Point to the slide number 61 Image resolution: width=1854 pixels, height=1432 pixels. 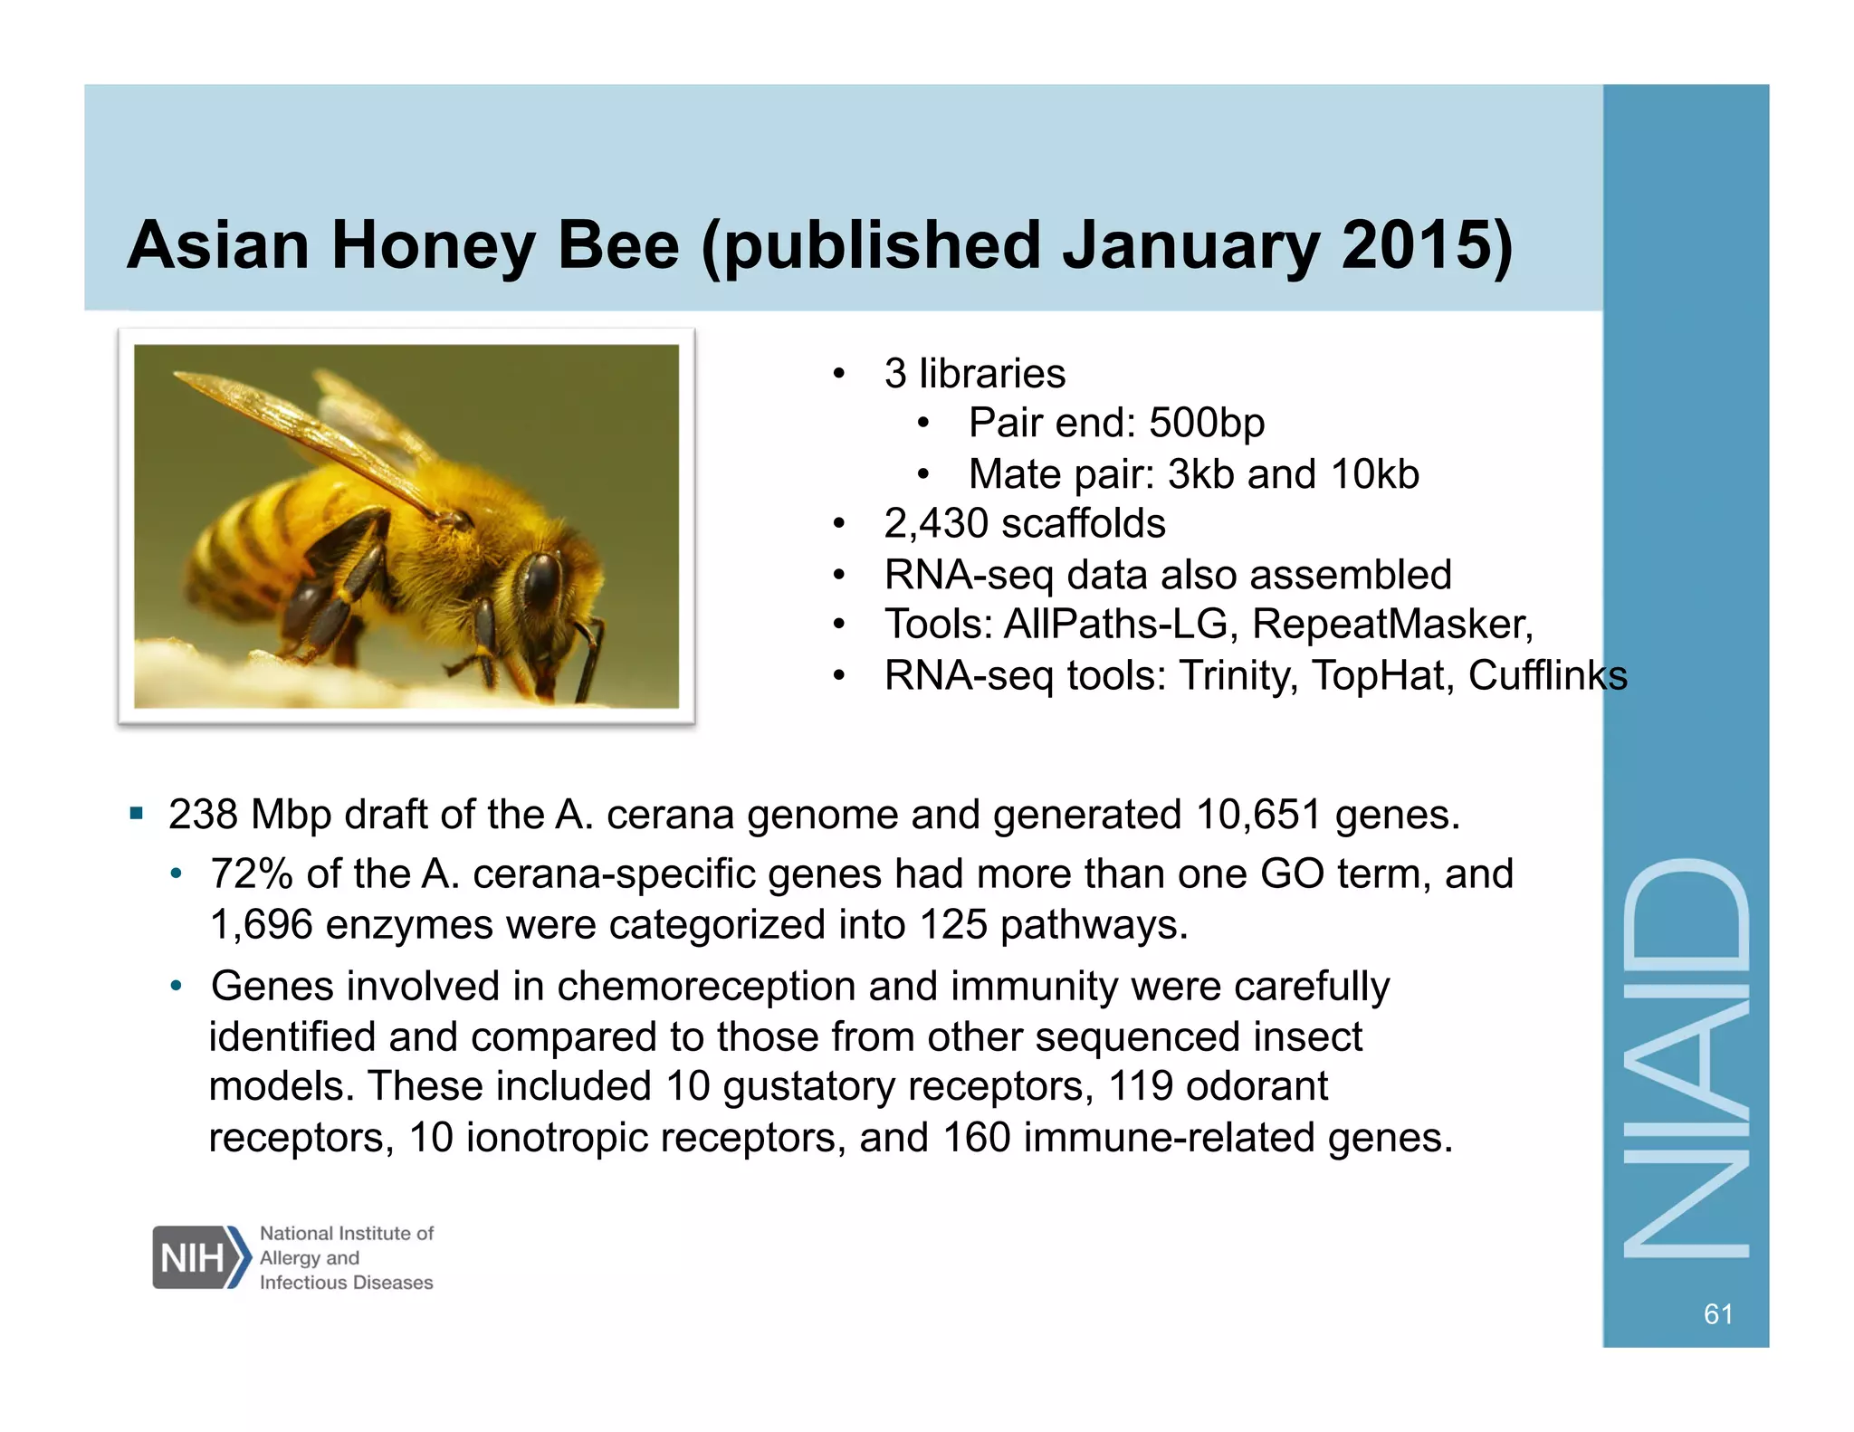click(x=1718, y=1313)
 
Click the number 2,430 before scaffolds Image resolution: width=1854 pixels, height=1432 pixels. click(x=935, y=523)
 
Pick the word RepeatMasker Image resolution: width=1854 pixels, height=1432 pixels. click(x=1392, y=625)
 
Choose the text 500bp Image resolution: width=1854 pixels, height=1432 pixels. click(x=1207, y=423)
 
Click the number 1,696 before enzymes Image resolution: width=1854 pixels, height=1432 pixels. click(x=261, y=925)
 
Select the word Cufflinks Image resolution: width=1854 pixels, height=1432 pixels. click(x=1547, y=675)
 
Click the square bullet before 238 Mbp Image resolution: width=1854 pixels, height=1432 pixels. click(x=137, y=813)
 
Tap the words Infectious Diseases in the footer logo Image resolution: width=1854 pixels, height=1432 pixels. click(x=346, y=1283)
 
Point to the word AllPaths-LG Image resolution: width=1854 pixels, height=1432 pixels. click(x=1115, y=625)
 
